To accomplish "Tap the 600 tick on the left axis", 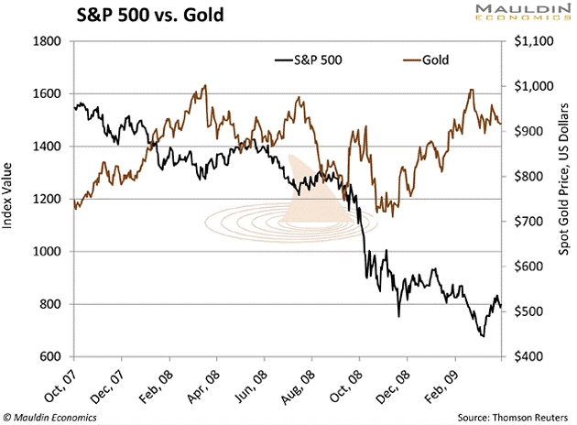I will (x=49, y=356).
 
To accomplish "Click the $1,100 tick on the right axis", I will (x=536, y=41).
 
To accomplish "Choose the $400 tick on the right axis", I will (x=531, y=356).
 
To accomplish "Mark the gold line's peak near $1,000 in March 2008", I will (x=204, y=86).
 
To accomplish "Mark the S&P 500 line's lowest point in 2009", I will (x=482, y=336).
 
